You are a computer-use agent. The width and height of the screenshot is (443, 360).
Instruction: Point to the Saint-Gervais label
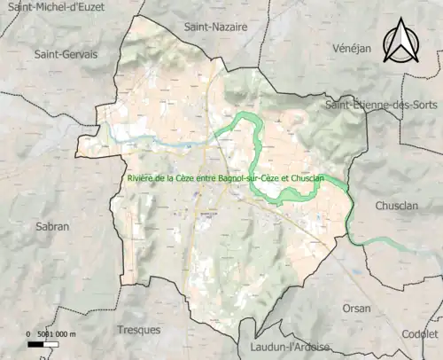pos(66,54)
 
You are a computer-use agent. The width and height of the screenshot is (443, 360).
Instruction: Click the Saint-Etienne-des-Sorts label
pos(385,106)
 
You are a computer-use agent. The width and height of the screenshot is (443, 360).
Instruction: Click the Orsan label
pos(357,309)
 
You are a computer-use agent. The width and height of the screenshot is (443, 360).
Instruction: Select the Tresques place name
pos(139,330)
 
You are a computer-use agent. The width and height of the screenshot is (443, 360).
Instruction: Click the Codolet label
pos(419,335)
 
